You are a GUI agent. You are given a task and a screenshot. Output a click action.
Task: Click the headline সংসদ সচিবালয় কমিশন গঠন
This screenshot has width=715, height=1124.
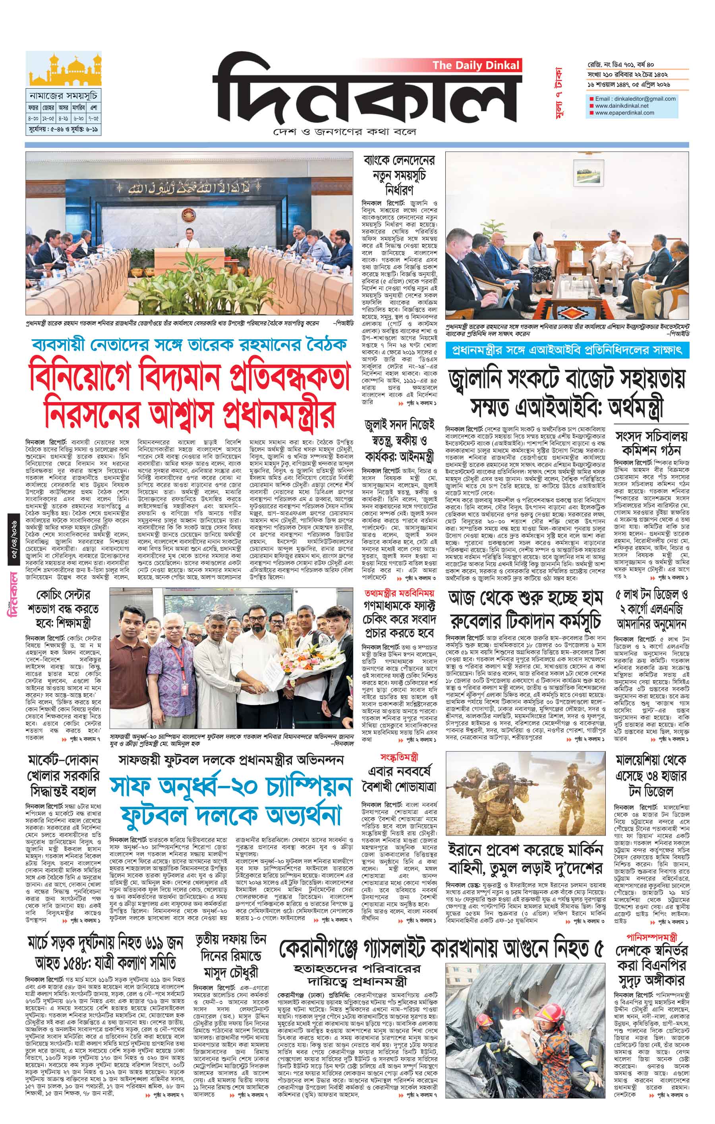[x=651, y=443]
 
